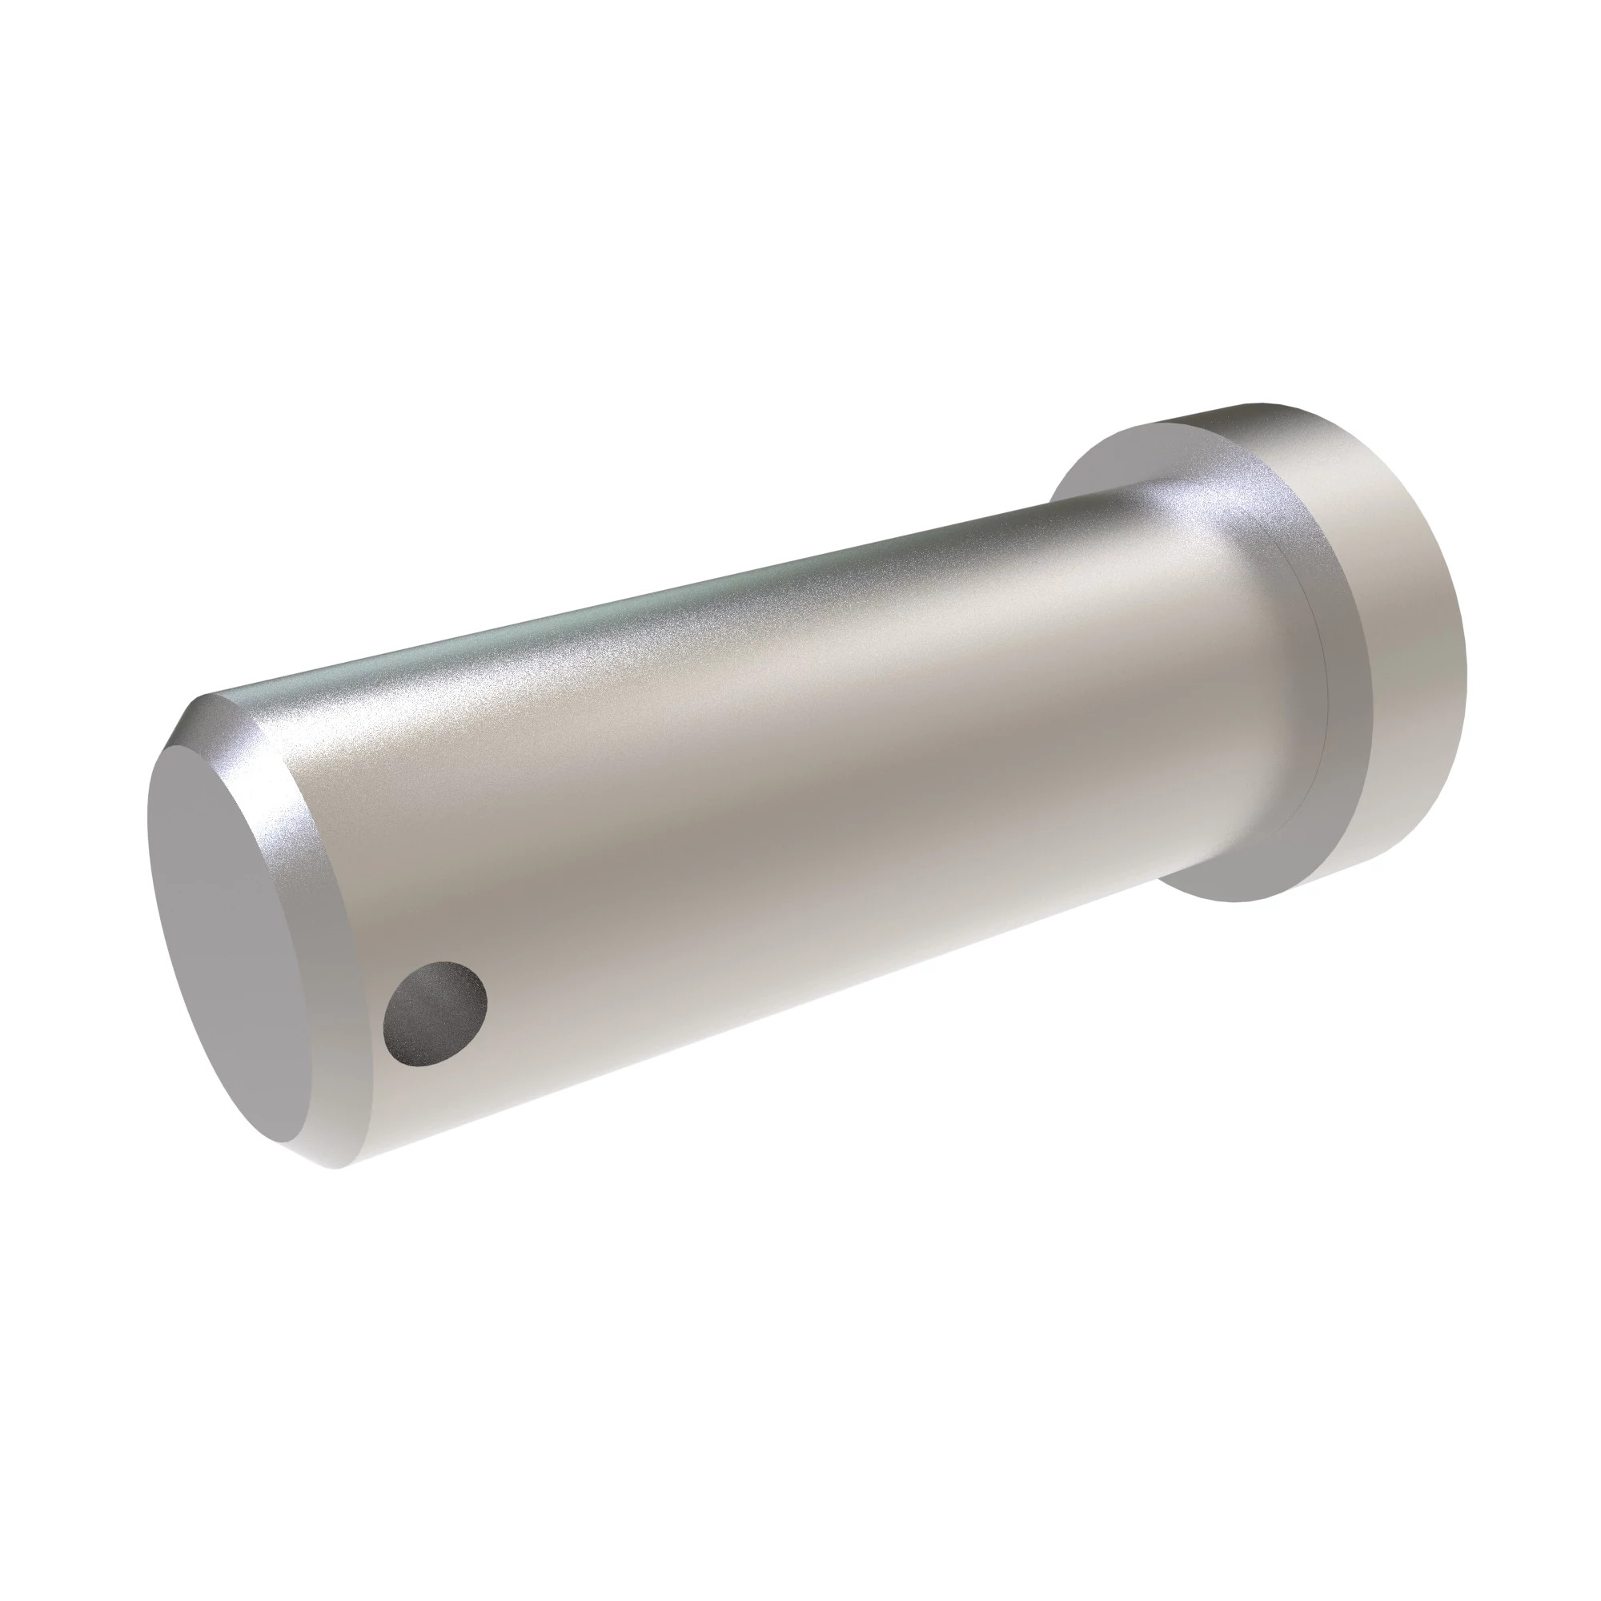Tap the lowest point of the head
tap(1234, 901)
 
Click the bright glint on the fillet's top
tap(1194, 505)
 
